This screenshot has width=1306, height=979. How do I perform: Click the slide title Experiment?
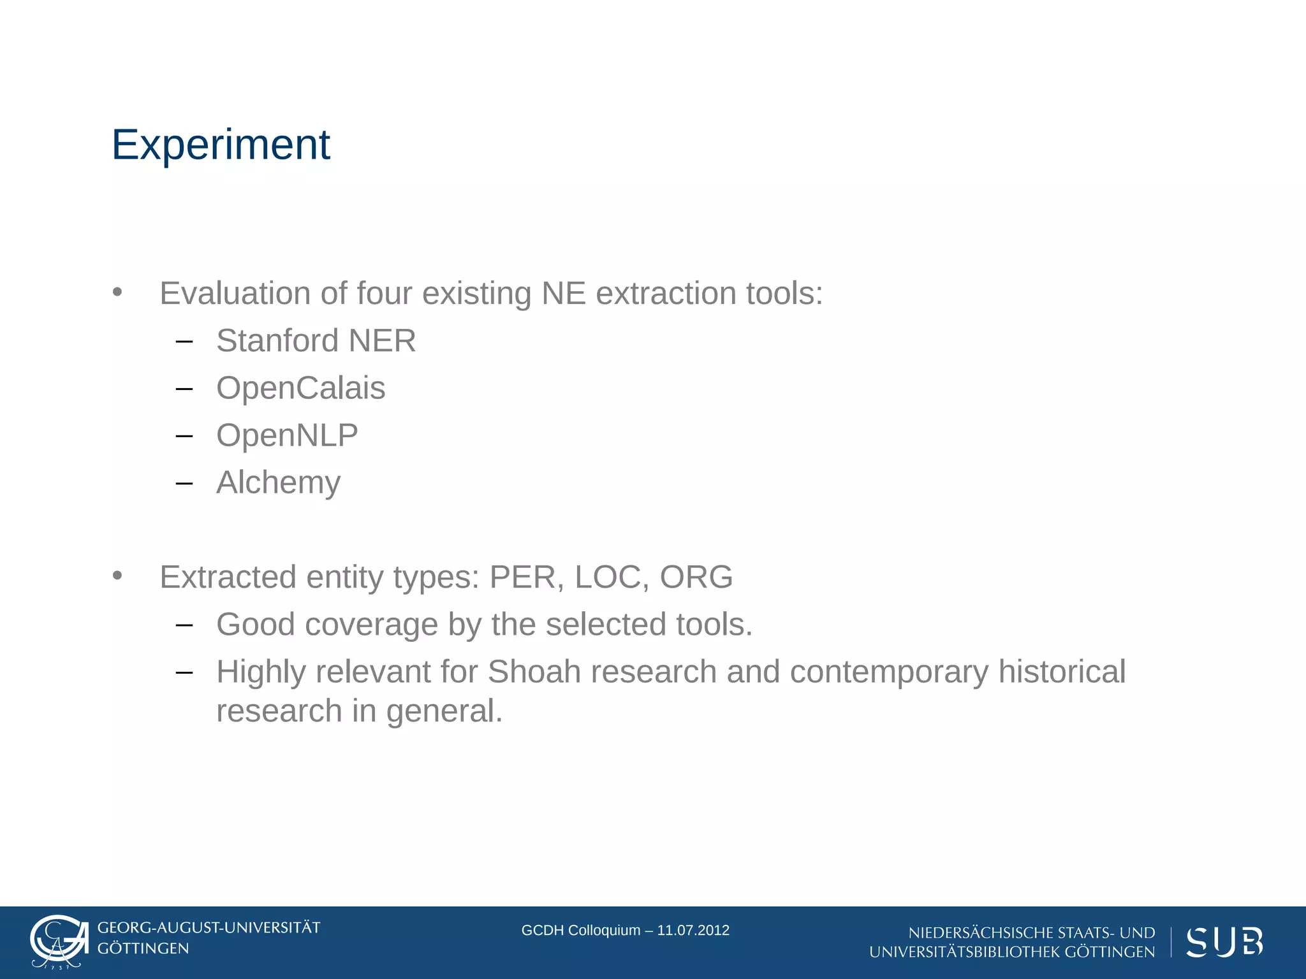coord(221,145)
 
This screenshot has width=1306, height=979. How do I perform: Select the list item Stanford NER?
coord(316,340)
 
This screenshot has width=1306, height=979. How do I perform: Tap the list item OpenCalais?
coord(300,388)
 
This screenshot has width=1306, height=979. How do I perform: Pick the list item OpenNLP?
coord(287,435)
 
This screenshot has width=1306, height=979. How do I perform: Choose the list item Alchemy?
coord(278,482)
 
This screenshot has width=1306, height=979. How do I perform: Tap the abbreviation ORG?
coord(696,577)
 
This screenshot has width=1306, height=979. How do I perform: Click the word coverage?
coord(371,625)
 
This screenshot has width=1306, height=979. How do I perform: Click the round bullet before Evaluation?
coord(117,293)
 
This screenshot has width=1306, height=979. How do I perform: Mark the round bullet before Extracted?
coord(117,576)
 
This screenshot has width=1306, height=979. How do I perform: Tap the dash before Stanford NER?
coord(184,342)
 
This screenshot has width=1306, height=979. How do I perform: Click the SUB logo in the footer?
coord(1224,942)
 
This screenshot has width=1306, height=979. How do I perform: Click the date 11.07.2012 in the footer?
coord(693,930)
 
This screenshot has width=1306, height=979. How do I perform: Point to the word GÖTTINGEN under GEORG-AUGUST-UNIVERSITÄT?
coord(143,948)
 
